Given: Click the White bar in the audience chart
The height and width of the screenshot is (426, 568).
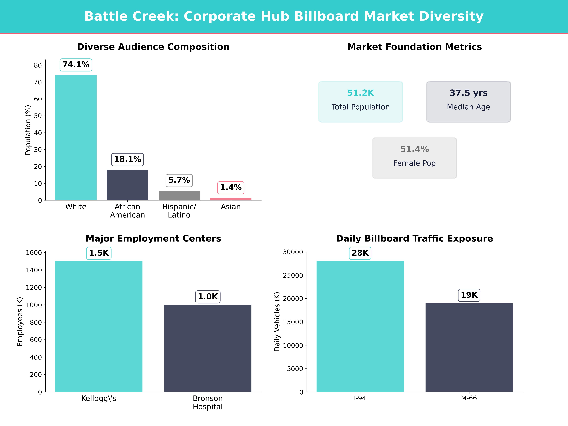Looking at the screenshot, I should tap(76, 137).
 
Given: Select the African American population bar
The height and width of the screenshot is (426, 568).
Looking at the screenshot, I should tap(127, 185).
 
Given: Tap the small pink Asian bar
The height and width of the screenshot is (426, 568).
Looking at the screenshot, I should tap(231, 199).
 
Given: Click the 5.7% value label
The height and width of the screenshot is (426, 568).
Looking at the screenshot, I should tap(179, 180).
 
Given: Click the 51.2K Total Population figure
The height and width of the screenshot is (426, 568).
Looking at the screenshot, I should tap(361, 93).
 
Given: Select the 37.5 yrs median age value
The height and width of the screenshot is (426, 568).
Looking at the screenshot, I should tap(468, 93).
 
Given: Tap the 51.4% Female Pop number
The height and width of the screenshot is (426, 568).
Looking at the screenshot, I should tap(414, 149).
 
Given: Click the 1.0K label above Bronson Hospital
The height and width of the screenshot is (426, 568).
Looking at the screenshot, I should tap(208, 297).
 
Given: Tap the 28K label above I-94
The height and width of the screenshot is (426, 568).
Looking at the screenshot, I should tap(360, 253).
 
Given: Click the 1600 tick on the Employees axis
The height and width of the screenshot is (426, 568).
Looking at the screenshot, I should tap(34, 253).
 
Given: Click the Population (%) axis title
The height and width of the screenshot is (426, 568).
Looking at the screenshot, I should tap(28, 130).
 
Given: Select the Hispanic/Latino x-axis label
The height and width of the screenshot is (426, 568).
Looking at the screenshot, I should tap(179, 211).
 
